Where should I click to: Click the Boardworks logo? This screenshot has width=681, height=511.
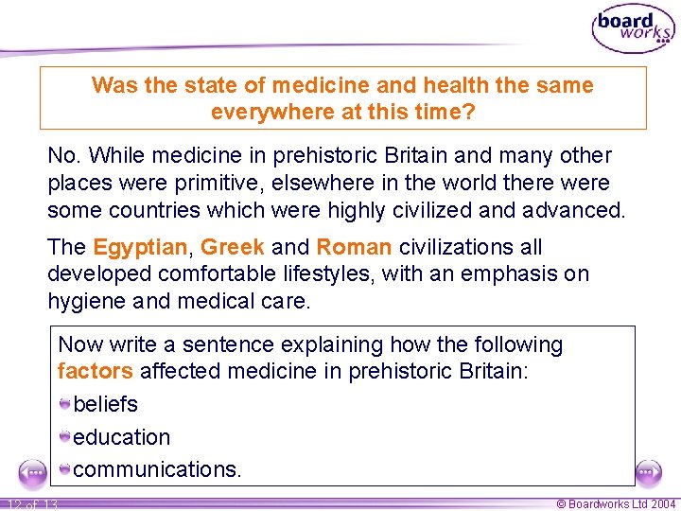click(x=633, y=30)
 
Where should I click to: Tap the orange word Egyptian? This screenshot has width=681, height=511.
click(x=140, y=248)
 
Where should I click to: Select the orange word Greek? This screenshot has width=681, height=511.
click(x=233, y=248)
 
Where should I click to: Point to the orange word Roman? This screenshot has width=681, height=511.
click(x=354, y=248)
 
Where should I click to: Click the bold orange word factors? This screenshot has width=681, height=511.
click(x=95, y=371)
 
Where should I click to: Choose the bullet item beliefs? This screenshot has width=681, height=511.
click(x=105, y=404)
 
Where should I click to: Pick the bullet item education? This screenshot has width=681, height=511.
click(x=121, y=437)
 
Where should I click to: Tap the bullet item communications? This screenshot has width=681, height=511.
click(x=157, y=469)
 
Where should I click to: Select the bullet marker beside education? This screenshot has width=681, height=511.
click(x=64, y=437)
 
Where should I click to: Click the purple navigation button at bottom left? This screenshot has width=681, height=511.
click(x=31, y=470)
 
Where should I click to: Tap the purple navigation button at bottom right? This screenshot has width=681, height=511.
click(x=649, y=470)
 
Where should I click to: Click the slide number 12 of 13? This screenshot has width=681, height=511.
click(x=30, y=504)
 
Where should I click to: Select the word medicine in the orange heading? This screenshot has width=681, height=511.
click(x=263, y=85)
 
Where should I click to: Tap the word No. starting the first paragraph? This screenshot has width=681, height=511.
click(x=63, y=155)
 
